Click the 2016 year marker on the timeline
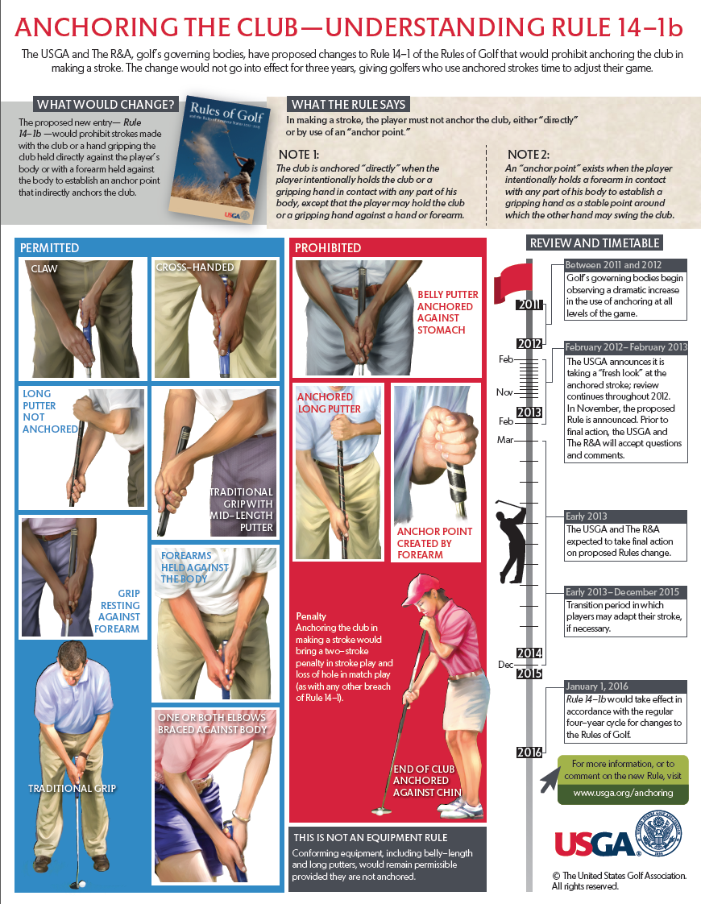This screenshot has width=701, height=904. [x=529, y=752]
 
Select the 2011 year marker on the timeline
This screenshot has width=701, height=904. [x=529, y=305]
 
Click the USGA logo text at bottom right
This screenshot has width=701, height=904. [x=594, y=845]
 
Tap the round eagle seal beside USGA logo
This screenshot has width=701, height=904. [x=658, y=834]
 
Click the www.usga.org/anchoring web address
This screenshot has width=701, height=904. [x=623, y=793]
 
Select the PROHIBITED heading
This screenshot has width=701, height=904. [x=328, y=248]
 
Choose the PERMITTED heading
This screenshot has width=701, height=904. [x=50, y=248]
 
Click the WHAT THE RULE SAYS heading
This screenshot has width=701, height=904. [x=348, y=105]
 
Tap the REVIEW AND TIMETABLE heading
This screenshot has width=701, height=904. [x=595, y=243]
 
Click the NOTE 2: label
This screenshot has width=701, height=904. [x=528, y=155]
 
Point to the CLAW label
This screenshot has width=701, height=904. [x=44, y=268]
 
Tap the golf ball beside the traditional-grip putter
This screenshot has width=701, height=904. [x=82, y=883]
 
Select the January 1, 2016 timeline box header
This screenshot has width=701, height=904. [x=597, y=686]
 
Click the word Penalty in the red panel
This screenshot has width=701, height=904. [x=311, y=616]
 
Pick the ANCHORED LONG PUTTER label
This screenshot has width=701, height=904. [x=329, y=402]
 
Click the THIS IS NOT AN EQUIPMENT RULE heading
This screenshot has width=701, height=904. [x=370, y=838]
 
